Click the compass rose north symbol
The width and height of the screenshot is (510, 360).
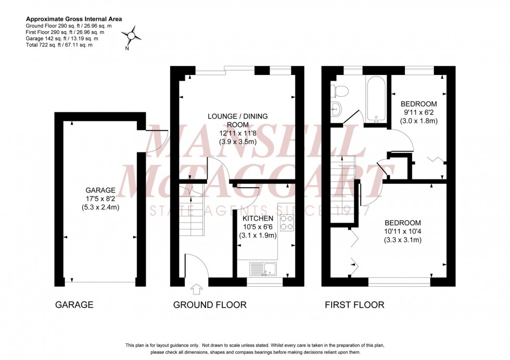132,35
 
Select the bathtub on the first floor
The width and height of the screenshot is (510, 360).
374,99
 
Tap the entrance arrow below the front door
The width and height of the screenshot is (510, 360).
197,289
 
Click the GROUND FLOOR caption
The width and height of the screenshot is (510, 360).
210,305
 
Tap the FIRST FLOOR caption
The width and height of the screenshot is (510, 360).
354,305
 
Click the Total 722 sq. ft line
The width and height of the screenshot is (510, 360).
59,45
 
